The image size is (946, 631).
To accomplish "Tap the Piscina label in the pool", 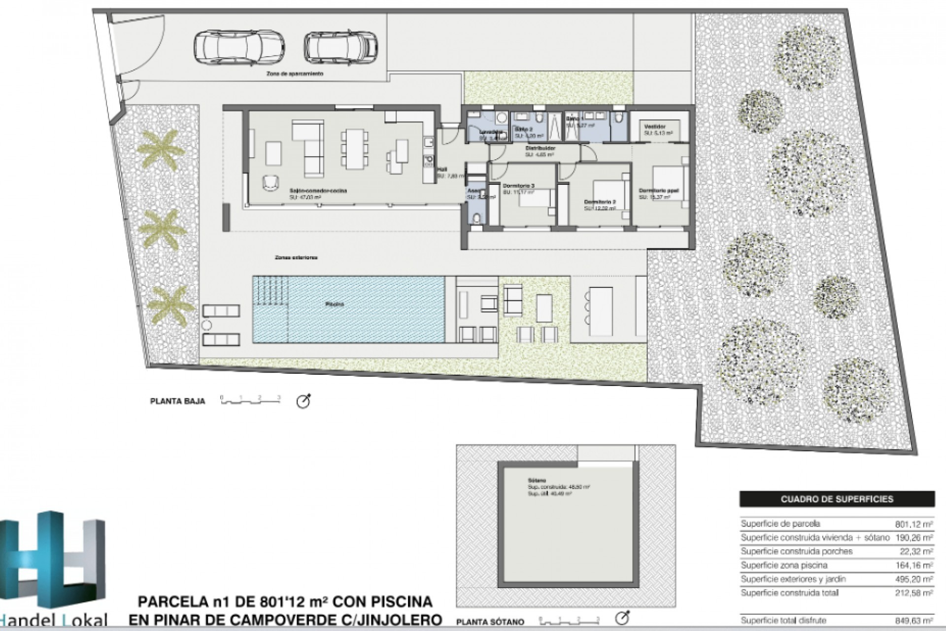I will pyautogui.click(x=335, y=305).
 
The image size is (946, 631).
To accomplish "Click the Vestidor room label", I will pyautogui.click(x=655, y=126).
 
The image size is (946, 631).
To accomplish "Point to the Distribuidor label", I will pyautogui.click(x=541, y=148).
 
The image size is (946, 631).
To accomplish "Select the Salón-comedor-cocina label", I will pyautogui.click(x=318, y=190).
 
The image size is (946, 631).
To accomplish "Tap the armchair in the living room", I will pyautogui.click(x=270, y=182).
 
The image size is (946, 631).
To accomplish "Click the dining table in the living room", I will pyautogui.click(x=355, y=148).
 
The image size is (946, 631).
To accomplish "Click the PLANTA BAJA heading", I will pyautogui.click(x=177, y=401).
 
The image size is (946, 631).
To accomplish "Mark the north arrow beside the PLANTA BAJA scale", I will pyautogui.click(x=304, y=401).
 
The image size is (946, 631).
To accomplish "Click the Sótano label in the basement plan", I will pyautogui.click(x=534, y=480).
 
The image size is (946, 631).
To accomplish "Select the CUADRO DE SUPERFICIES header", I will pyautogui.click(x=837, y=499).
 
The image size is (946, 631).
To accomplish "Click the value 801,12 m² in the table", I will pyautogui.click(x=913, y=524).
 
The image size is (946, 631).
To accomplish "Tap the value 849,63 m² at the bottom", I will pyautogui.click(x=913, y=620).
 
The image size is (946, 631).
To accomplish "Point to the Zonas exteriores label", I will pyautogui.click(x=296, y=257).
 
